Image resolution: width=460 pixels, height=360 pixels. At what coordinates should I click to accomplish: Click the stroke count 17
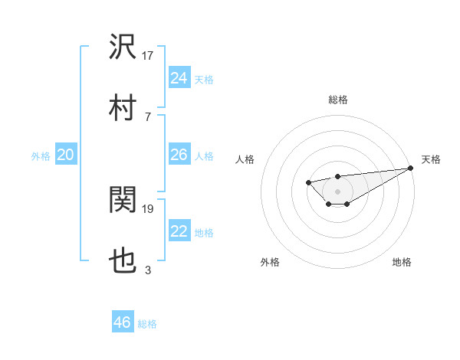tap(148, 55)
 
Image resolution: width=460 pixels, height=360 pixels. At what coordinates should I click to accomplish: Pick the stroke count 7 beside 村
tap(147, 116)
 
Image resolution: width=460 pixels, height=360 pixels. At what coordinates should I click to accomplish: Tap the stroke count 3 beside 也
tap(147, 270)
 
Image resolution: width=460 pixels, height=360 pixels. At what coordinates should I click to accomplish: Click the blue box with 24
tap(179, 78)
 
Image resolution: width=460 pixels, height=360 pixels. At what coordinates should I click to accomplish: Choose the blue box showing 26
tap(179, 155)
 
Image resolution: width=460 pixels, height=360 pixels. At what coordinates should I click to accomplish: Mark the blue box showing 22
tap(179, 231)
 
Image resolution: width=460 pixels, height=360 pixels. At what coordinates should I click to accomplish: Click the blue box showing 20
tap(65, 155)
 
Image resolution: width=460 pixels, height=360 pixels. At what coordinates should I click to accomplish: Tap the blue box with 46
tap(122, 322)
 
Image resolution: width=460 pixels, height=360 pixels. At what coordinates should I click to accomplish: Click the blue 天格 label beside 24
tap(204, 80)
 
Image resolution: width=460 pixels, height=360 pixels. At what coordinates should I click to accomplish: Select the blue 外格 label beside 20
tap(41, 156)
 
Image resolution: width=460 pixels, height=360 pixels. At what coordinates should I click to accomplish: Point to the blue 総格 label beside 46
tap(147, 324)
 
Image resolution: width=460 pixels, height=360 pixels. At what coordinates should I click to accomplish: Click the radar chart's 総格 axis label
tap(337, 100)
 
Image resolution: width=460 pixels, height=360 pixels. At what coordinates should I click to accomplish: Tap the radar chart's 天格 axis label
tap(431, 159)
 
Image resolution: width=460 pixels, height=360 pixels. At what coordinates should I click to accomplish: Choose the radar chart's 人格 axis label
tap(245, 159)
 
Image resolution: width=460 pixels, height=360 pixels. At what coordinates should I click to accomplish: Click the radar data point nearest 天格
tap(411, 168)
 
